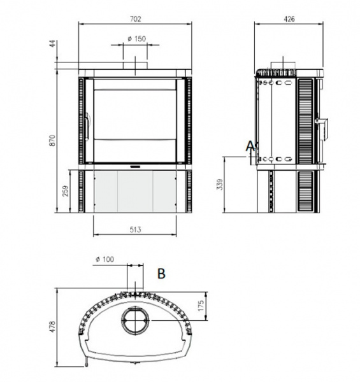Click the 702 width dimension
tap(135, 19)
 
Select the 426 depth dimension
tap(289, 19)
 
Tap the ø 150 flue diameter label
tap(137, 39)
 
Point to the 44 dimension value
tap(53, 44)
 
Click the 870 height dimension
tap(53, 141)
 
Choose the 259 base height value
tap(66, 191)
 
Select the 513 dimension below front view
tap(135, 229)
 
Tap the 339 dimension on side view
tap(220, 185)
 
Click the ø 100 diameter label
tap(105, 259)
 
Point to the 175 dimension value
tap(201, 306)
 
